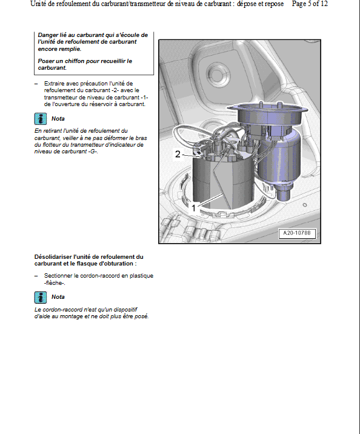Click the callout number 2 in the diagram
tap(178, 154)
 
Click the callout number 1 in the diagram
tap(193, 207)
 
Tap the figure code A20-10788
tap(297, 233)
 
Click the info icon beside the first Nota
tap(41, 119)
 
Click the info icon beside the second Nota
tap(41, 298)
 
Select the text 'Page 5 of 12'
tap(310, 4)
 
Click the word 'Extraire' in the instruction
tap(54, 84)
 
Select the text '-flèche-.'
tap(55, 283)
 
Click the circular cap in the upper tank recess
tap(218, 73)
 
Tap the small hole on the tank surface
tap(305, 205)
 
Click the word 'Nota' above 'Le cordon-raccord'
tap(58, 297)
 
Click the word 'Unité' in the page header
tap(38, 4)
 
